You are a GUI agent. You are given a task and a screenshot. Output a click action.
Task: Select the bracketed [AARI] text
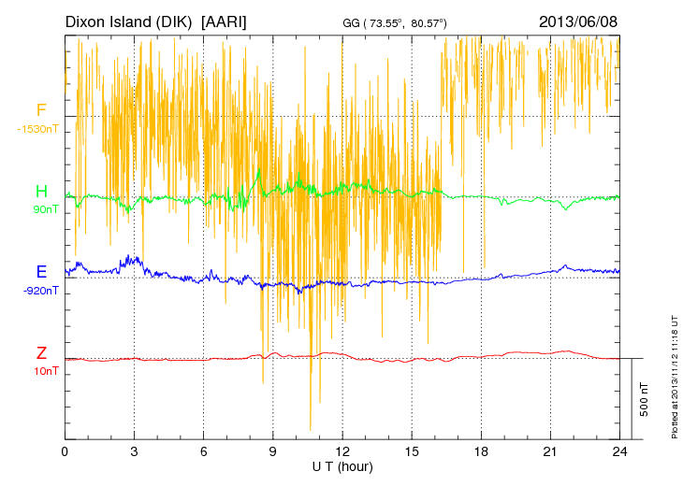pyautogui.click(x=225, y=21)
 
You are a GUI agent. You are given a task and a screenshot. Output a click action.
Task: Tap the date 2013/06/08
pyautogui.click(x=578, y=21)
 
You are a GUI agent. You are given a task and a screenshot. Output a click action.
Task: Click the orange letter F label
pyautogui.click(x=41, y=110)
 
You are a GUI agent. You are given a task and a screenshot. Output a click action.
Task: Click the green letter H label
pyautogui.click(x=41, y=192)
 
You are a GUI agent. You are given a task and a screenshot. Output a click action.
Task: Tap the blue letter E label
pyautogui.click(x=41, y=272)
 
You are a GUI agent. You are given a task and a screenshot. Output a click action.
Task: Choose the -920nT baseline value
pyautogui.click(x=41, y=291)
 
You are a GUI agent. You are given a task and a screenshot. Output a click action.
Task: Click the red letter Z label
pyautogui.click(x=41, y=353)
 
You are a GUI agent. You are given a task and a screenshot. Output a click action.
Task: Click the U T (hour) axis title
pyautogui.click(x=342, y=466)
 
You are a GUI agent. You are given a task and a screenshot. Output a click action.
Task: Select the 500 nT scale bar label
pyautogui.click(x=644, y=399)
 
